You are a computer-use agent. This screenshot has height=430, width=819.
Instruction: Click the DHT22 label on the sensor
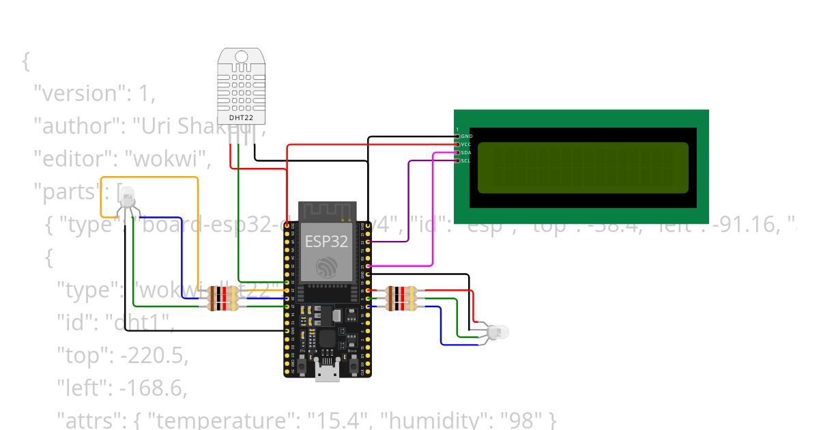click(241, 117)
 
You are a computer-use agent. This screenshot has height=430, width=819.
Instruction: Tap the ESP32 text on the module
click(327, 241)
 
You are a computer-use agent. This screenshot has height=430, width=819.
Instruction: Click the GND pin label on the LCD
click(466, 137)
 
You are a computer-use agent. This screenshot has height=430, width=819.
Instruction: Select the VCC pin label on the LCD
click(466, 145)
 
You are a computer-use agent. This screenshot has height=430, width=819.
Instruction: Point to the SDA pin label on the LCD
click(466, 153)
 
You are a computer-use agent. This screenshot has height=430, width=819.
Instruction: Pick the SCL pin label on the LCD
click(466, 161)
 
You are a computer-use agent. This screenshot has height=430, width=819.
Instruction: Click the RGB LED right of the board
click(498, 332)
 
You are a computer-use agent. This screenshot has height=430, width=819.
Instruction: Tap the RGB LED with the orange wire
click(128, 197)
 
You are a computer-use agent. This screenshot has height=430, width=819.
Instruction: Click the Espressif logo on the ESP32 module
click(327, 267)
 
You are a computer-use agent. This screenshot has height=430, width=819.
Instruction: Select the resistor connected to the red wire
click(400, 291)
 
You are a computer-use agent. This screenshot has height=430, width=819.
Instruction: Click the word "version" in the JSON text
click(77, 94)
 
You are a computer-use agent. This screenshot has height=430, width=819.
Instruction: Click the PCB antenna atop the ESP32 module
click(327, 211)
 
